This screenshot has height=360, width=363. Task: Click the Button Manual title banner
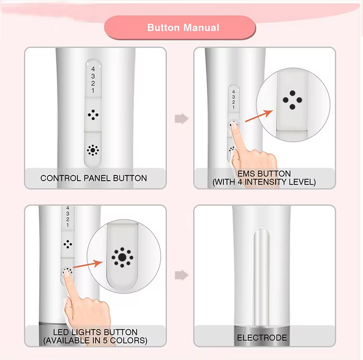pyautogui.click(x=183, y=27)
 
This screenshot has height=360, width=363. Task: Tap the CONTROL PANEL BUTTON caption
pyautogui.click(x=94, y=178)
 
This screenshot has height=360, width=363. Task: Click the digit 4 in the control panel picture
pyautogui.click(x=93, y=69)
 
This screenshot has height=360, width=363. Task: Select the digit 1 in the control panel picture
pyautogui.click(x=93, y=90)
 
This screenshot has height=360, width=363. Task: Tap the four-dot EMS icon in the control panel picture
pyautogui.click(x=93, y=115)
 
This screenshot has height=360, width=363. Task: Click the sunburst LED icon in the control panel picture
pyautogui.click(x=93, y=151)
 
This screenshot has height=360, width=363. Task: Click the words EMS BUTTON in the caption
pyautogui.click(x=264, y=174)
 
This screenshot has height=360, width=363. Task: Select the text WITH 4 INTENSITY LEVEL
pyautogui.click(x=264, y=182)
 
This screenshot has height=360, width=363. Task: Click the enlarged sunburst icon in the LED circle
pyautogui.click(x=122, y=257)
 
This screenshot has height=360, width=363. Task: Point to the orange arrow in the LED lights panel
pyautogui.click(x=89, y=266)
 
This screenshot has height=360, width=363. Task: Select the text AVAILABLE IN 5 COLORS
pyautogui.click(x=95, y=341)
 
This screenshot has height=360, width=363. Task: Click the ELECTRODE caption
pyautogui.click(x=262, y=338)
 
